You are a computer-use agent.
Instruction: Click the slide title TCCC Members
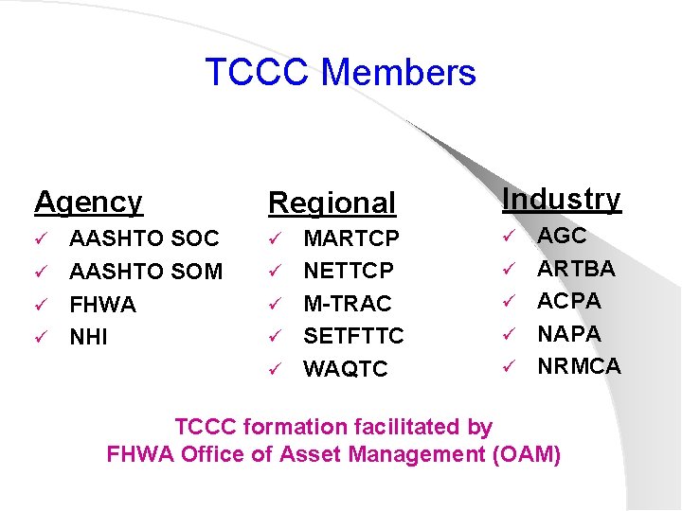click(x=340, y=73)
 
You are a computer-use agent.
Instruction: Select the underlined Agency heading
click(x=88, y=202)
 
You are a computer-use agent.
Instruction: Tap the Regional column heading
click(x=332, y=203)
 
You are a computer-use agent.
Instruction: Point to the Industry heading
click(x=561, y=199)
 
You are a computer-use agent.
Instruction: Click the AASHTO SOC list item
click(x=144, y=238)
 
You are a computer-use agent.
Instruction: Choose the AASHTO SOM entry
click(x=146, y=272)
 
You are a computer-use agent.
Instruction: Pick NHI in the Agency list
click(x=89, y=337)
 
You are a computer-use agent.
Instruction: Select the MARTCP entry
click(x=351, y=238)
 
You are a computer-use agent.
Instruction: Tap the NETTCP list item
click(x=349, y=271)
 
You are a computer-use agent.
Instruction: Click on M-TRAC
click(x=347, y=304)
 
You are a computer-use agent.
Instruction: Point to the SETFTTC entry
click(x=353, y=336)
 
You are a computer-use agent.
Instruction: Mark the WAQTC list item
click(x=345, y=369)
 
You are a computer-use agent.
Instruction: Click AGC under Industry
click(x=563, y=236)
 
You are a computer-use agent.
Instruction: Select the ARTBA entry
click(x=576, y=269)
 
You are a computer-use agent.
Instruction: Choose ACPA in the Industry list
click(x=569, y=301)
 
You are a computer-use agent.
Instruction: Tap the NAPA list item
click(x=569, y=334)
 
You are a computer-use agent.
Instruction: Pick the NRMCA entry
click(x=579, y=366)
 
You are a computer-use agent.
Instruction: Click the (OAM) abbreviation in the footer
click(x=527, y=454)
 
